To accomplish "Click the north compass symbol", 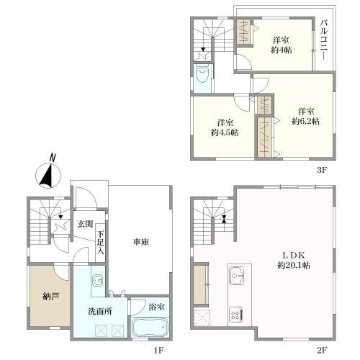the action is [x=48, y=175].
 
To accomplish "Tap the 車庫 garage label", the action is [x=141, y=242].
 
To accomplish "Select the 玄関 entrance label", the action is [x=85, y=224].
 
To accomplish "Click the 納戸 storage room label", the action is [x=50, y=297].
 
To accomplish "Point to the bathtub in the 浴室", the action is [x=150, y=327].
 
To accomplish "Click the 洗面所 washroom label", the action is [x=100, y=311].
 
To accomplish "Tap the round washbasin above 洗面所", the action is [x=98, y=280].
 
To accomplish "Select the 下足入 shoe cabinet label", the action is [x=101, y=243].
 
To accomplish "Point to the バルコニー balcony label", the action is [x=324, y=40].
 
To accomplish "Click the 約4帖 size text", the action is [x=282, y=50].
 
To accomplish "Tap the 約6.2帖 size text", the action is [x=306, y=122].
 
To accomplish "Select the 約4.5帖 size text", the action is [x=225, y=132].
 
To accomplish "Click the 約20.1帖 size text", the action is [x=294, y=265].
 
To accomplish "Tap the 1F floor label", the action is [x=158, y=350].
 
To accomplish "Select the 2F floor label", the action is [x=322, y=350].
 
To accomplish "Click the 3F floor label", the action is [x=322, y=170].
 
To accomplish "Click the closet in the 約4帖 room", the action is [x=244, y=32].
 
